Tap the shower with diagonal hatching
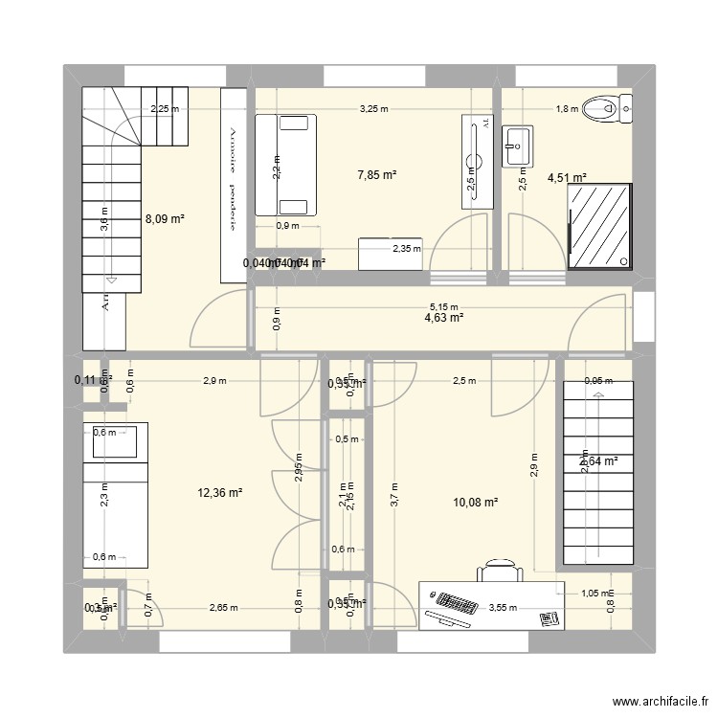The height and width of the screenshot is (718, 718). [599, 225]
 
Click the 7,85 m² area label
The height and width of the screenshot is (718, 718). [376, 175]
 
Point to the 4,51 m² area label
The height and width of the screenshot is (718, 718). [566, 177]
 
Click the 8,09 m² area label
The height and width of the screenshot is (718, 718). [164, 218]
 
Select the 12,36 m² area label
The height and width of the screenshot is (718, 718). [219, 493]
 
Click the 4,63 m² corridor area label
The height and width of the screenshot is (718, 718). [444, 318]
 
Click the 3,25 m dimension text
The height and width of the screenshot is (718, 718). [373, 109]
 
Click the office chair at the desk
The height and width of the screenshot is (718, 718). [499, 571]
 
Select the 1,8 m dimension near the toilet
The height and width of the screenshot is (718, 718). [567, 109]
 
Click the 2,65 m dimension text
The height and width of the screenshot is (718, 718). [223, 606]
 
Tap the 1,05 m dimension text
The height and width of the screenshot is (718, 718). [595, 594]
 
